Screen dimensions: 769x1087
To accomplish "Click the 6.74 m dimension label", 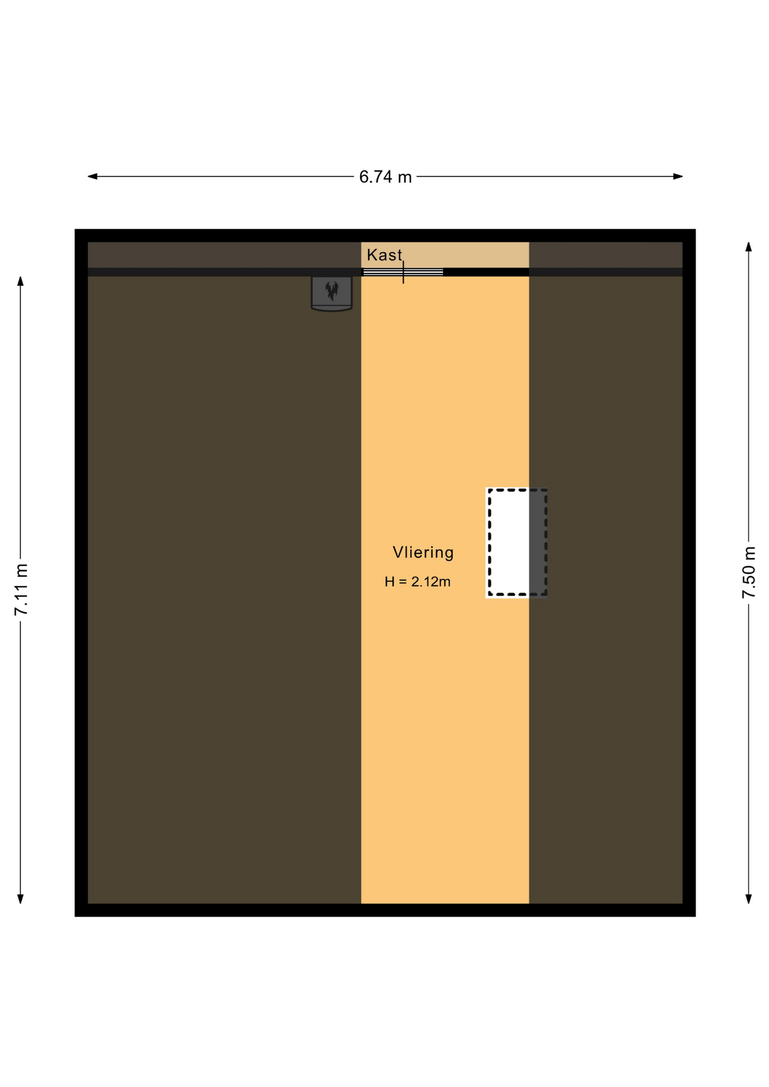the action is click(385, 177).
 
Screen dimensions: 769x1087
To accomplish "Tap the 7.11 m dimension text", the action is click(22, 589).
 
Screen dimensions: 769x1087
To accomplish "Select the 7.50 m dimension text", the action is click(749, 572).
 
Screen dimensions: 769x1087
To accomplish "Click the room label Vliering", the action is click(423, 552).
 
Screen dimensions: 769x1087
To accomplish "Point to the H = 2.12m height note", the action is click(417, 581).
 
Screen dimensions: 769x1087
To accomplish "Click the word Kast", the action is click(384, 255).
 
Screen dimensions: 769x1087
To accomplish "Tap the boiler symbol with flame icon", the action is click(332, 293).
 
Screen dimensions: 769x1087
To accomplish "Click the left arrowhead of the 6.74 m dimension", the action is click(92, 176).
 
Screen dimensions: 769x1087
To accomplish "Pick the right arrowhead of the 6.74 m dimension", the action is click(678, 176).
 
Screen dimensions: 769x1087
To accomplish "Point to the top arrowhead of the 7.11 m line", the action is click(20, 281).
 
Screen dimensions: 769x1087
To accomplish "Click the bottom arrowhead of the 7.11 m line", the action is click(20, 899).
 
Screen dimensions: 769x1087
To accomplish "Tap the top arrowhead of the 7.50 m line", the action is click(749, 247).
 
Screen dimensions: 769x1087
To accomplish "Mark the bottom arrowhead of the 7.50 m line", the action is click(749, 899).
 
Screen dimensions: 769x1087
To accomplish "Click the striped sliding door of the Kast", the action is click(403, 272).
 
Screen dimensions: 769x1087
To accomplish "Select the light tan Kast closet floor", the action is click(445, 255).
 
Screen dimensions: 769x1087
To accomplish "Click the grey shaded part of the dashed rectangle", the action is click(537, 542).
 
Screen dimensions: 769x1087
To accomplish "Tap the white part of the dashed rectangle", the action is click(509, 542).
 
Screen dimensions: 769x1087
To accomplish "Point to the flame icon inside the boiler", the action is click(332, 291).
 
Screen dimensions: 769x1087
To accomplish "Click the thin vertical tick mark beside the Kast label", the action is click(403, 272).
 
